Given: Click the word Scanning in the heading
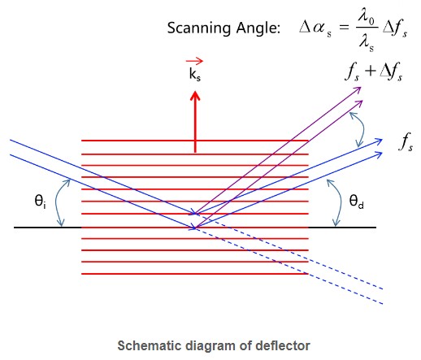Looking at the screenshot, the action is [199, 28].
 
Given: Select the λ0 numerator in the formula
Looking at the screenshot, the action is [367, 18].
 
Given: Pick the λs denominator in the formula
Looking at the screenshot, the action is [367, 43].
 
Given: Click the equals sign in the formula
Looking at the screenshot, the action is [344, 27].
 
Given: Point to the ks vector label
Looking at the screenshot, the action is [195, 74].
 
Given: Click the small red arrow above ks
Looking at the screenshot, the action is [194, 61].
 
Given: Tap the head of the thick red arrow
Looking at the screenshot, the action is [195, 96].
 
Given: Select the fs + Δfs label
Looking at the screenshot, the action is [374, 72].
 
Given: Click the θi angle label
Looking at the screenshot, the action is [40, 202].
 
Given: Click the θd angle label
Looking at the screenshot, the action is [356, 202].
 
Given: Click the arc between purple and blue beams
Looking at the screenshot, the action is [362, 129].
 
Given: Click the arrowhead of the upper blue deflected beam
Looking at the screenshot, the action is [379, 141].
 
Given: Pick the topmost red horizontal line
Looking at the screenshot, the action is [195, 141].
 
